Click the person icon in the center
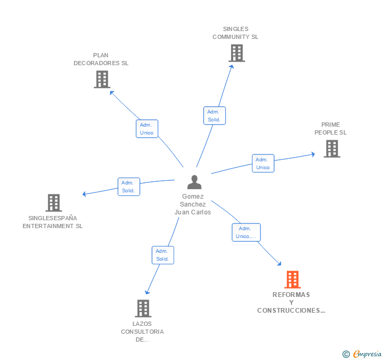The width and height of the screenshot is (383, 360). coord(194,182)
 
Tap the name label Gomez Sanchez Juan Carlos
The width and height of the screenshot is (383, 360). coord(193,204)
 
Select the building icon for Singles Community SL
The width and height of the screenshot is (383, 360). coord(236,53)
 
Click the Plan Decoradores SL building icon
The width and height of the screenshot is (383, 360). coord(102,79)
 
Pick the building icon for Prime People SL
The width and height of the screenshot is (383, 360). coord(331,149)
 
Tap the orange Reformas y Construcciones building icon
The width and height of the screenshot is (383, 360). coord(292,280)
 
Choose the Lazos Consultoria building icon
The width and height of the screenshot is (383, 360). coord(143,308)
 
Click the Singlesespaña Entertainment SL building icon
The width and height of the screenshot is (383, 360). coord(53,203)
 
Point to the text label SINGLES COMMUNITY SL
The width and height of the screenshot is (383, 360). coord(235,33)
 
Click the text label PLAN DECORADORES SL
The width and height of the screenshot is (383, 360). coord(100,59)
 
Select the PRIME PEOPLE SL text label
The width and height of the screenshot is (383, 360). coord(330,129)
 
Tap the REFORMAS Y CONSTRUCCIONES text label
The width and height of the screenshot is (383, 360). coord(291,303)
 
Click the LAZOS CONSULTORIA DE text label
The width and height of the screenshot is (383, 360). coord(142,332)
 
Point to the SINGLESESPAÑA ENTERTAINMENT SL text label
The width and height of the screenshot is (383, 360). coord(53,222)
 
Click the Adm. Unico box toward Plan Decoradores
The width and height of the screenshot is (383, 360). coord(147,129)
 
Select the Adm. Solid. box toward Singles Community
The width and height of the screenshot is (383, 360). coord(214,116)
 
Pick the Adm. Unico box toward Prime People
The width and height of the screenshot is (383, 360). coord(263,163)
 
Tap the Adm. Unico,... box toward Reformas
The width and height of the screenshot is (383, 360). coord(246,232)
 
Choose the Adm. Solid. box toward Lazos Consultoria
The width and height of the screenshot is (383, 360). coord(163,255)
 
